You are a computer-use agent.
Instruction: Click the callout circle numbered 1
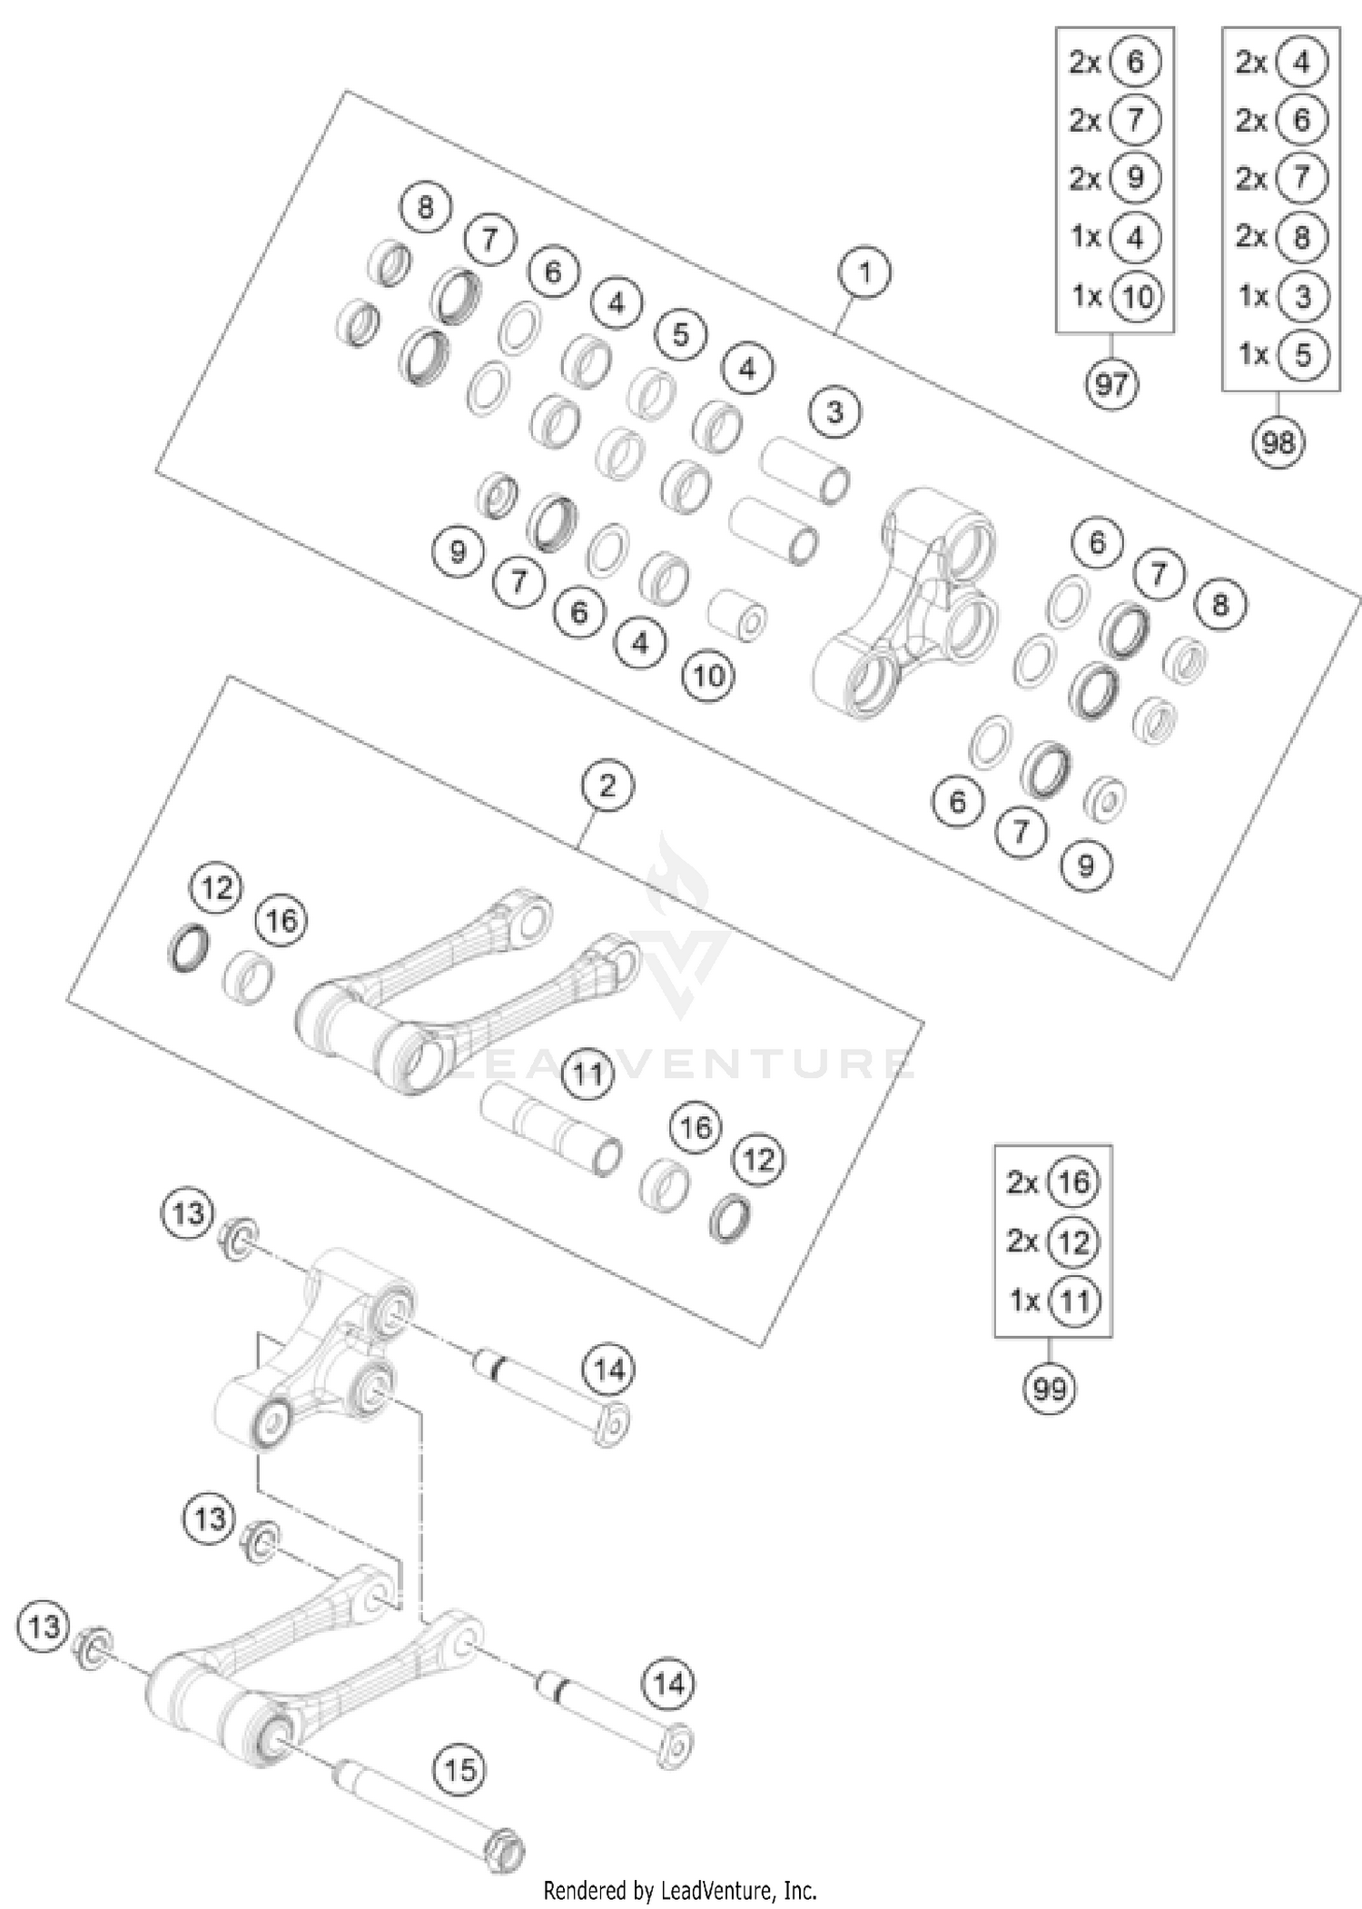click(x=864, y=272)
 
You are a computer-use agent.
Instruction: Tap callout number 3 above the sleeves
click(x=834, y=412)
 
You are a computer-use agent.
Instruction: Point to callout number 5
click(x=681, y=335)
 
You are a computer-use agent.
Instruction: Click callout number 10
click(x=708, y=676)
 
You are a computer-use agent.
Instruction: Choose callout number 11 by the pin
click(x=587, y=1074)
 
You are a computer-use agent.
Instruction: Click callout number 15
click(x=460, y=1769)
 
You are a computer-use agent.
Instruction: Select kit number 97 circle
click(x=1111, y=385)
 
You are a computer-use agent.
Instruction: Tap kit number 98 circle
click(x=1278, y=443)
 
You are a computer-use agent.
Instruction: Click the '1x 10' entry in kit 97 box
click(x=1114, y=296)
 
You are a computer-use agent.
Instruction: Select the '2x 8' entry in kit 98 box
click(x=1280, y=237)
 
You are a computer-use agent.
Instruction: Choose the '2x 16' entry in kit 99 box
click(x=1052, y=1182)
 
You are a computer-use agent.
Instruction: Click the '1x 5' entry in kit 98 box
click(x=1280, y=354)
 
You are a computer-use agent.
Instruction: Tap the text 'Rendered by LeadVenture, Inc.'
click(x=680, y=1891)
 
